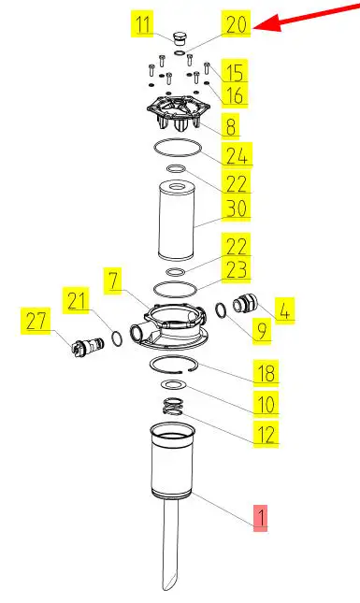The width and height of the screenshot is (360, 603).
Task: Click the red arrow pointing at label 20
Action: click(307, 18)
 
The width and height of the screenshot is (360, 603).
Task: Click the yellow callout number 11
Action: click(143, 24)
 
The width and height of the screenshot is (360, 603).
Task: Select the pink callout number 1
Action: click(260, 518)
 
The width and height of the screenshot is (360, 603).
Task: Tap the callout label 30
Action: click(237, 208)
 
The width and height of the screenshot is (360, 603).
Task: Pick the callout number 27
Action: click(36, 321)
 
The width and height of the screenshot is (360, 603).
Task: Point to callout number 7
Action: click(113, 280)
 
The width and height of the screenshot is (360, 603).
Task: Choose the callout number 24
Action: click(237, 155)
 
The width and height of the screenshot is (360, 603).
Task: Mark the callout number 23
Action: click(237, 269)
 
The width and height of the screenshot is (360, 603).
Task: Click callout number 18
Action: click(266, 373)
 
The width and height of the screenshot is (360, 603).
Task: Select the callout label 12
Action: click(266, 435)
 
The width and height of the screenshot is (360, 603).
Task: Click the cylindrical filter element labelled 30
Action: click(177, 222)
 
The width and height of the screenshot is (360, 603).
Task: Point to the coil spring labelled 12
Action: click(173, 407)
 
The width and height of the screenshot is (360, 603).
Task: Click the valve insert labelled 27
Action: click(87, 345)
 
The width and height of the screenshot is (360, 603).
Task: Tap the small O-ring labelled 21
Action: click(117, 338)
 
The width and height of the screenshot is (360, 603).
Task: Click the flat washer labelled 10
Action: click(174, 384)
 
